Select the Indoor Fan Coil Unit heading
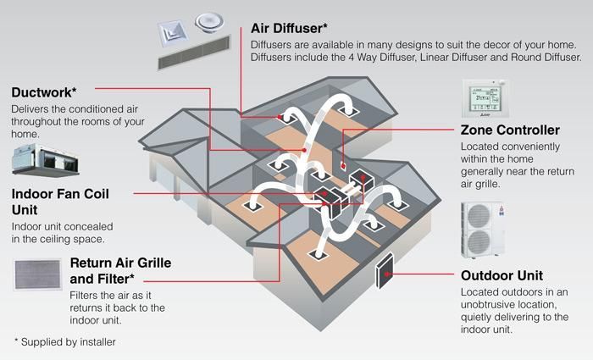point(59,202)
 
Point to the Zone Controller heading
point(509,130)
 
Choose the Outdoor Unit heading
point(502,275)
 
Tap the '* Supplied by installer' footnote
point(64,341)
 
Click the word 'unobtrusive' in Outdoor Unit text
point(498,305)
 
